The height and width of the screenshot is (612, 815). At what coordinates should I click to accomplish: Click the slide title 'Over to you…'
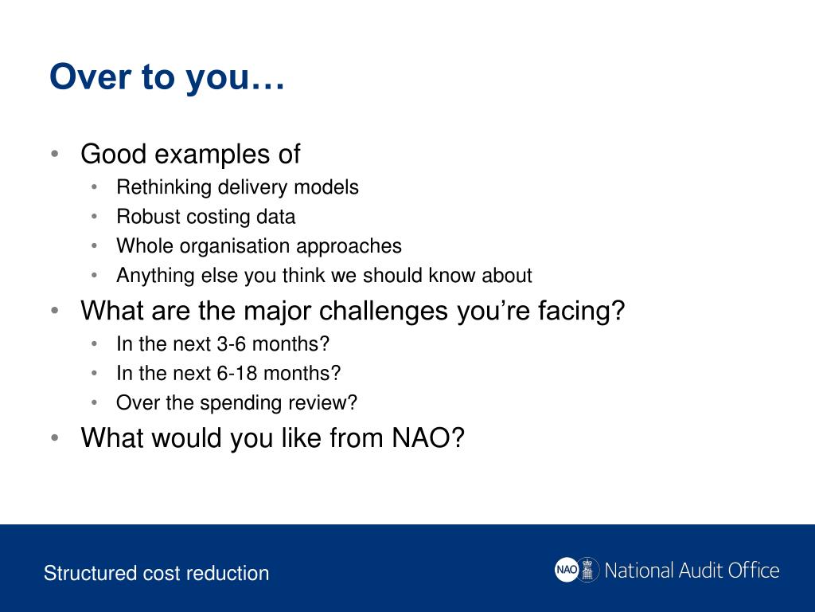167,77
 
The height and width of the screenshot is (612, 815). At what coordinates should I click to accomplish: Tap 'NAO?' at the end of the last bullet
427,437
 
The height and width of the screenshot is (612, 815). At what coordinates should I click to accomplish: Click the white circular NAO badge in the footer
566,569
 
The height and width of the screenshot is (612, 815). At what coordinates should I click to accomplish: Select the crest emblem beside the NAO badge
588,569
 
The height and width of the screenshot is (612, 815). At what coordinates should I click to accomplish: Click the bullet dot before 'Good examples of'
55,154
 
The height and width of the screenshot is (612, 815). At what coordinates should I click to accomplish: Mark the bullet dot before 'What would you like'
55,437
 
